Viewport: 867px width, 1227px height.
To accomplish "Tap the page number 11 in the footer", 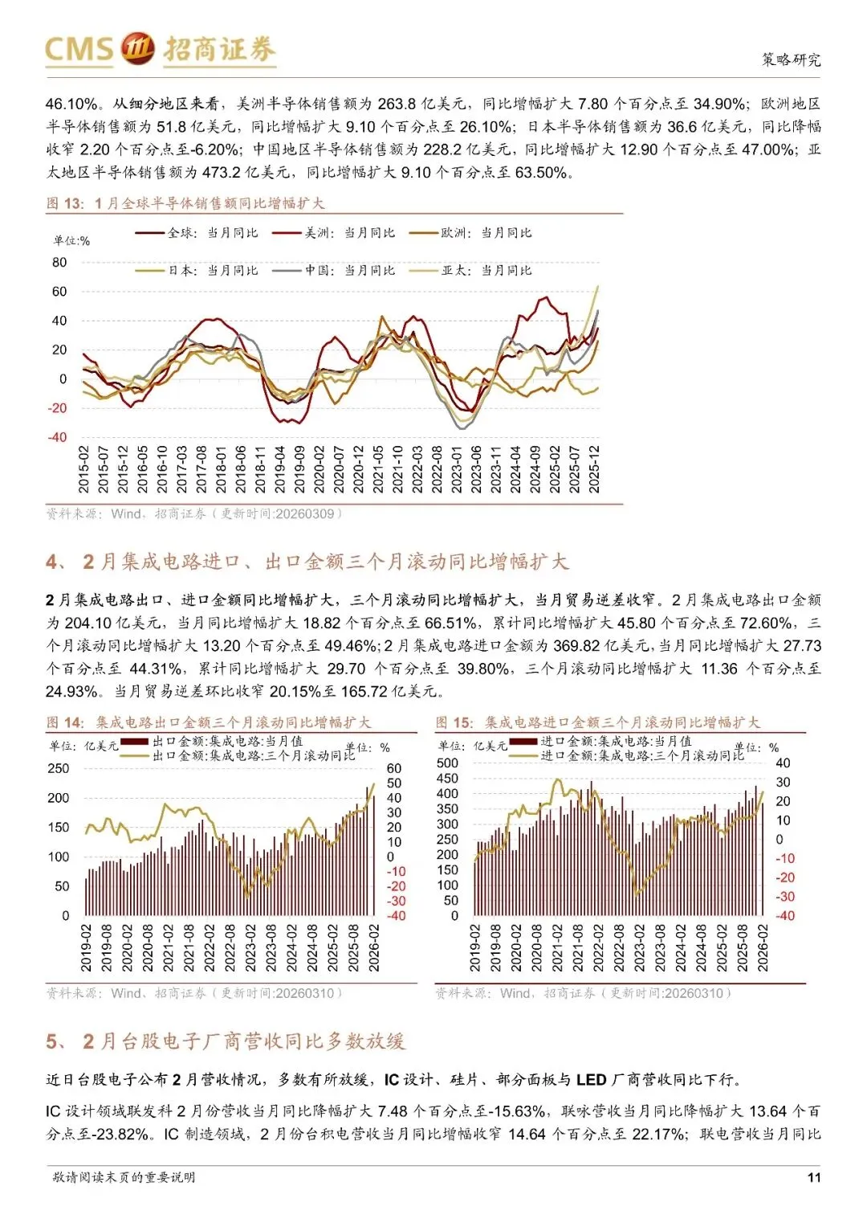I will coord(813,1177).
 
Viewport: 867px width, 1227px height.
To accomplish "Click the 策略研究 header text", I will coord(791,59).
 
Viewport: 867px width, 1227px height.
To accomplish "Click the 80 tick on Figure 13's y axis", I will coord(59,263).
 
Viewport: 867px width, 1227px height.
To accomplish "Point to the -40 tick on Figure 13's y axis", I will coord(58,438).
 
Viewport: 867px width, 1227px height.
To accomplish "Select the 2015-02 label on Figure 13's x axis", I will coord(84,470).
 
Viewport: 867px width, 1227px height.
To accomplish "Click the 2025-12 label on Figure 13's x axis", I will coord(595,470).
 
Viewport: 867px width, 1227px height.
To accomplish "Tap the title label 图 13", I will coord(65,203).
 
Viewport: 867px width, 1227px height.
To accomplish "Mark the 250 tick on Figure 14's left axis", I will coord(59,769).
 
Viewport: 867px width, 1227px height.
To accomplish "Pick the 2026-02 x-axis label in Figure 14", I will coord(374,948).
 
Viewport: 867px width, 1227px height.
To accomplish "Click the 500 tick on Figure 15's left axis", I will coord(447,763).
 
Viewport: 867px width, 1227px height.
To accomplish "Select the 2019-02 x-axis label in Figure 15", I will coord(475,948).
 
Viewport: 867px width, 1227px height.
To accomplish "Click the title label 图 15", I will coord(454,722).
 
